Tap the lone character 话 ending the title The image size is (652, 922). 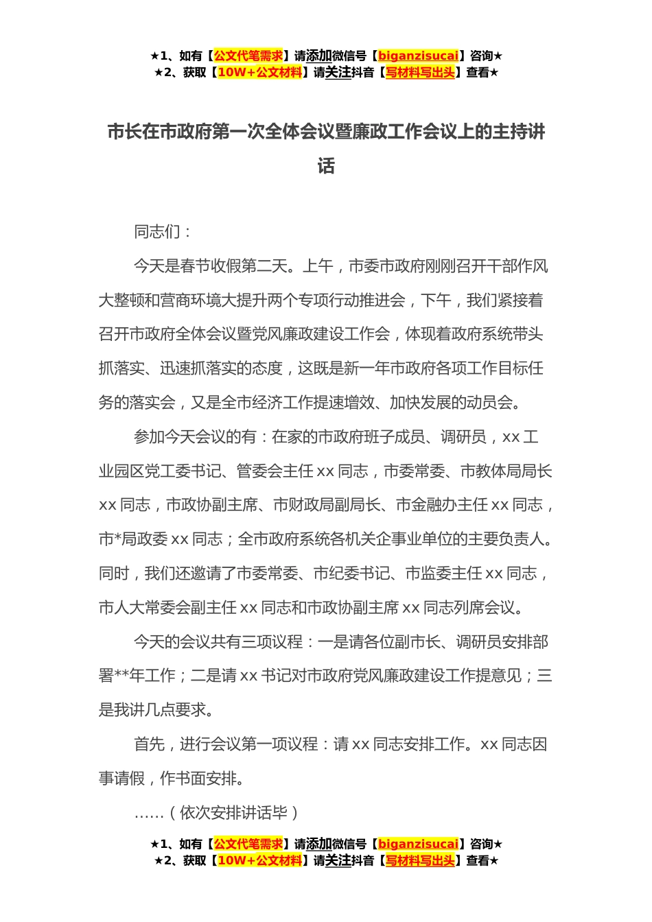(x=326, y=166)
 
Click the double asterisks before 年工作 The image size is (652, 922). (x=121, y=676)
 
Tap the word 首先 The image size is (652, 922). (x=149, y=744)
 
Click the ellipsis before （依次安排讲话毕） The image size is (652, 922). (x=149, y=814)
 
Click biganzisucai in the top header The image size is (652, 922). (x=418, y=56)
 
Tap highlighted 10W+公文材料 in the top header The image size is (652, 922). (x=259, y=73)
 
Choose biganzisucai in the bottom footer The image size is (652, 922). (x=418, y=844)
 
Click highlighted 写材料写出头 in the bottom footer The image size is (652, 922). (x=420, y=861)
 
